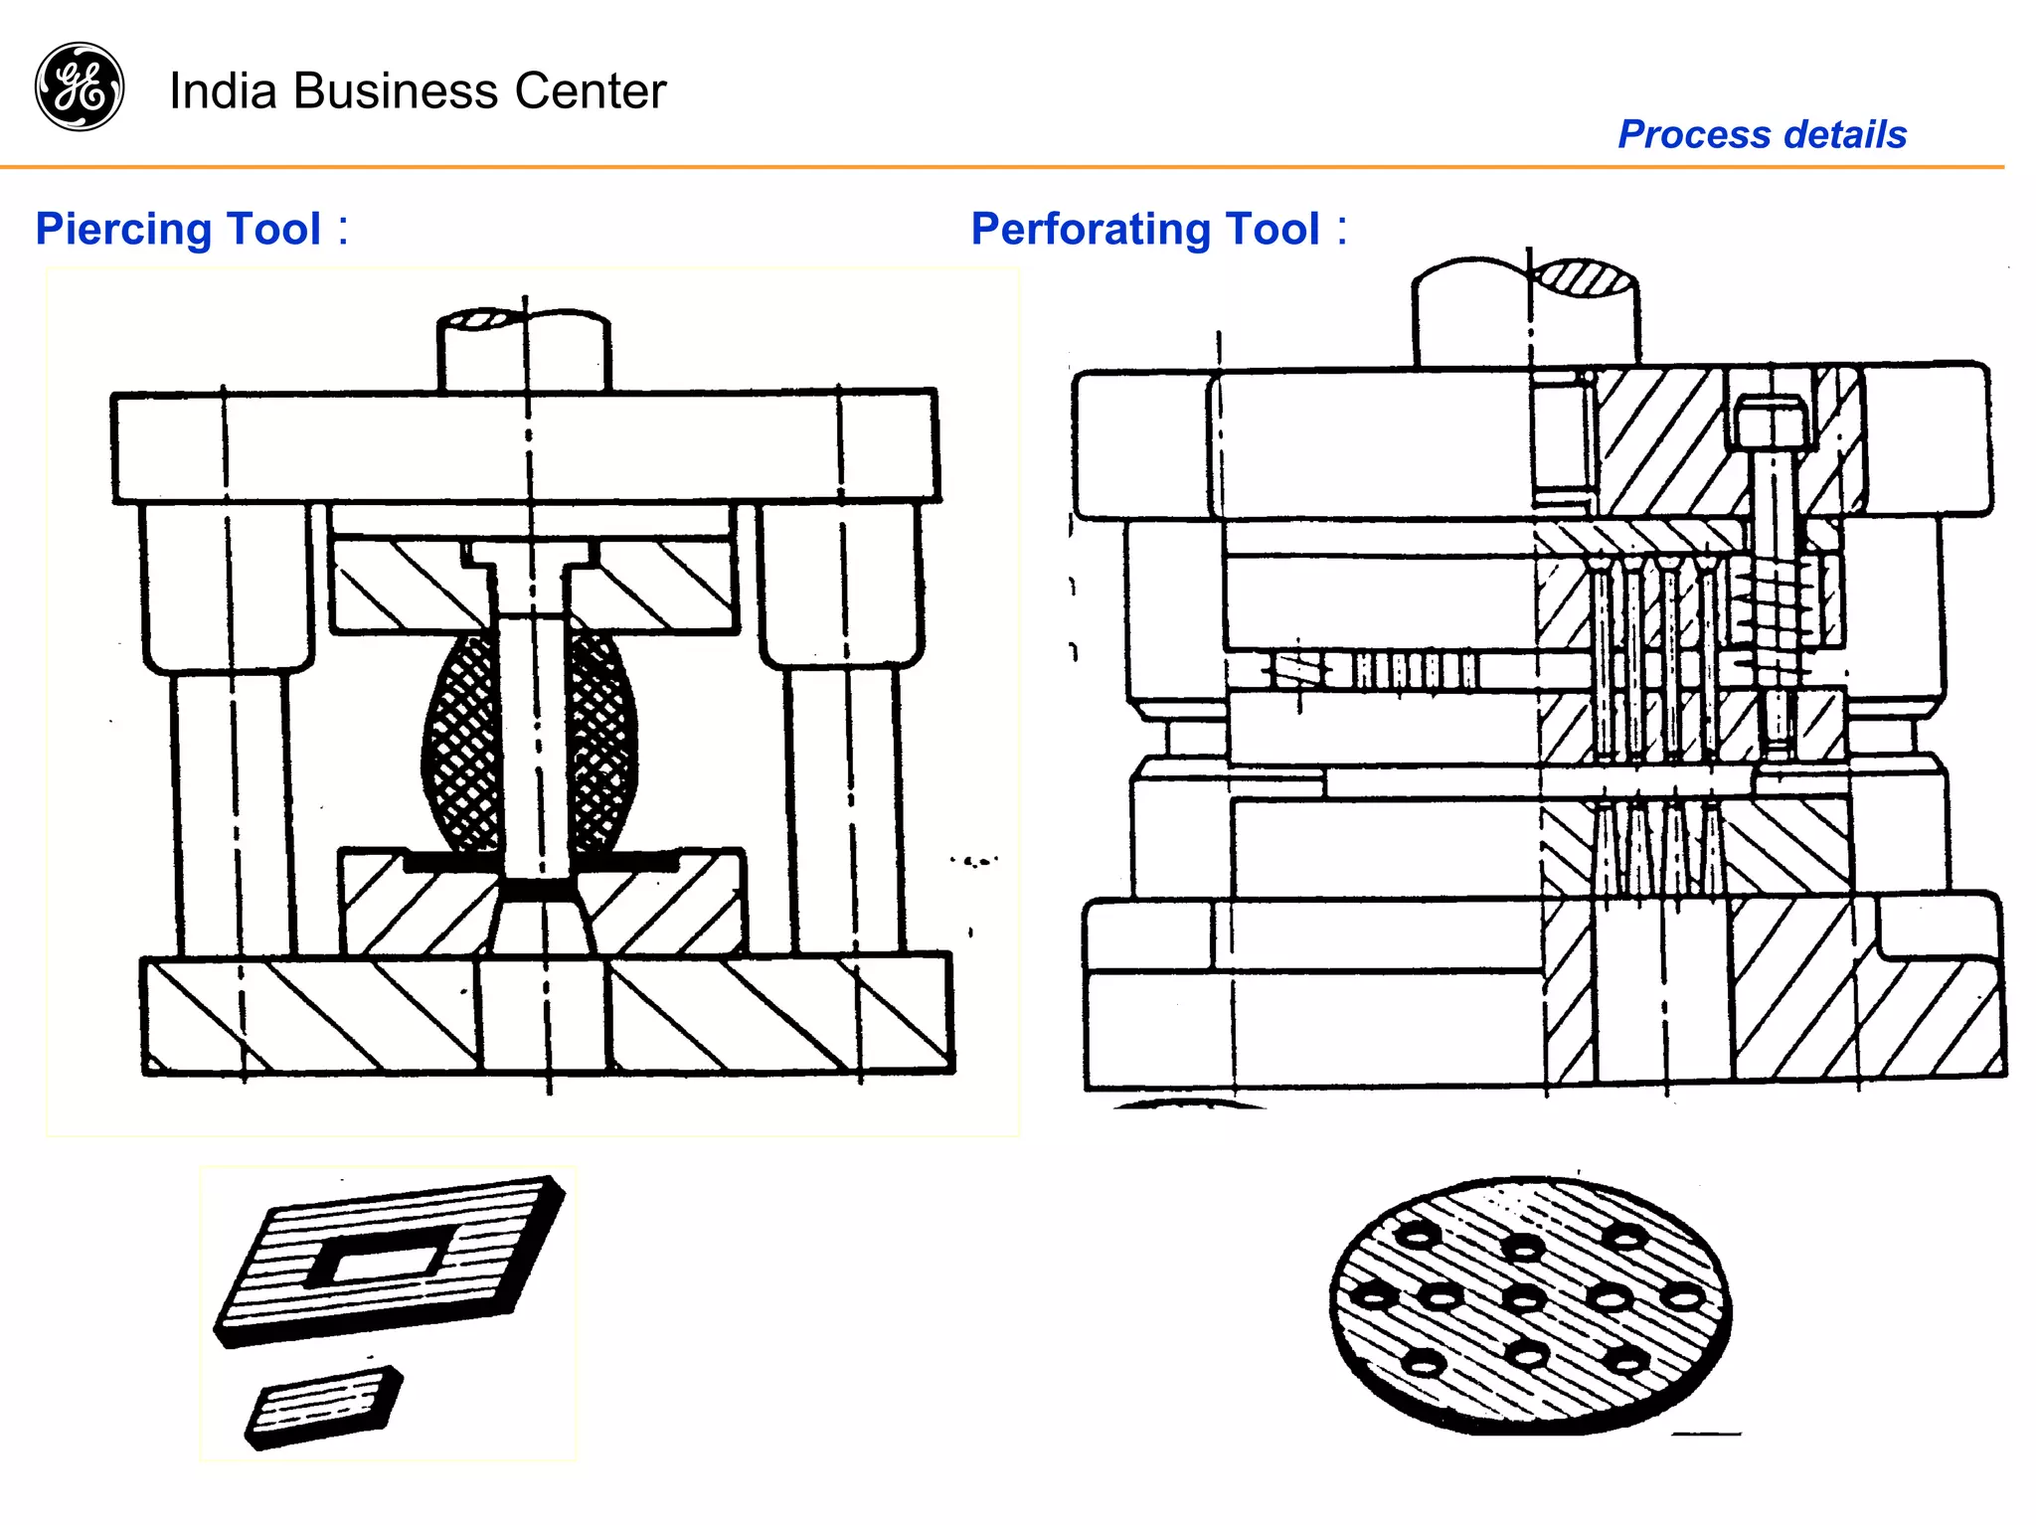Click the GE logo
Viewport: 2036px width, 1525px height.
[x=80, y=86]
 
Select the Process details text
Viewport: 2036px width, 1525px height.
[x=1762, y=134]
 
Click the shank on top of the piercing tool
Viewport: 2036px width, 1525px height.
[x=524, y=350]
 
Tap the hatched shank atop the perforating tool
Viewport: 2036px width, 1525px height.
[x=1585, y=277]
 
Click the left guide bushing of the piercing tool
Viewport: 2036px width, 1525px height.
[x=227, y=587]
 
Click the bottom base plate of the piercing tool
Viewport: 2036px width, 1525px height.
[x=547, y=1014]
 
